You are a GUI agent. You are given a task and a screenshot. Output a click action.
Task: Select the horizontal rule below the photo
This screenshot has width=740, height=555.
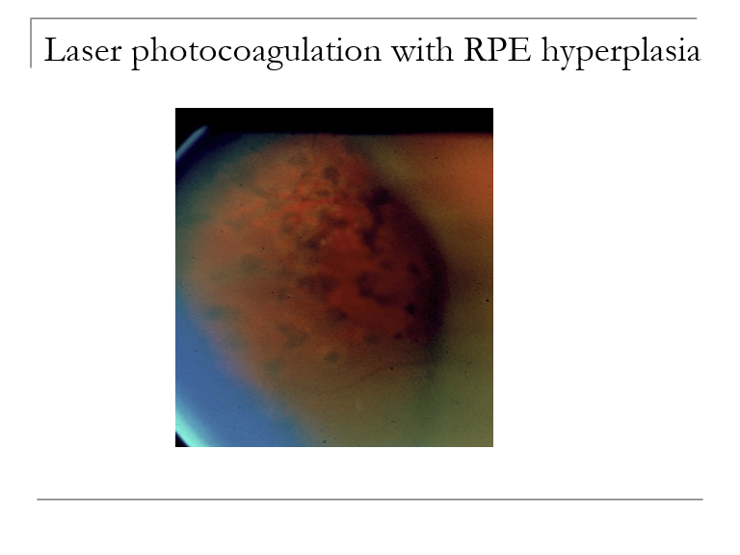click(x=370, y=499)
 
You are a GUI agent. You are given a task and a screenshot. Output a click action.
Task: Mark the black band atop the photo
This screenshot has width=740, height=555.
click(x=333, y=119)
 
